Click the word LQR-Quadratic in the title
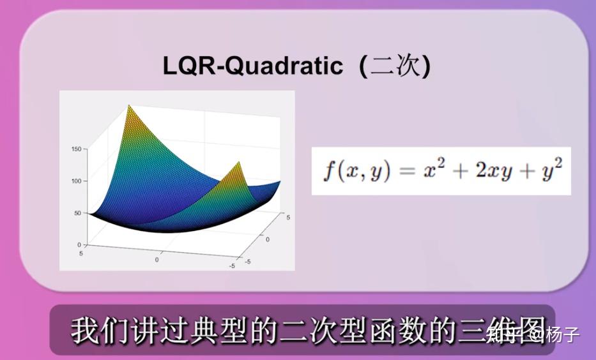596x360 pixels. pyautogui.click(x=252, y=66)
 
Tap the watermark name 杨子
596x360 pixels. pyautogui.click(x=563, y=333)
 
